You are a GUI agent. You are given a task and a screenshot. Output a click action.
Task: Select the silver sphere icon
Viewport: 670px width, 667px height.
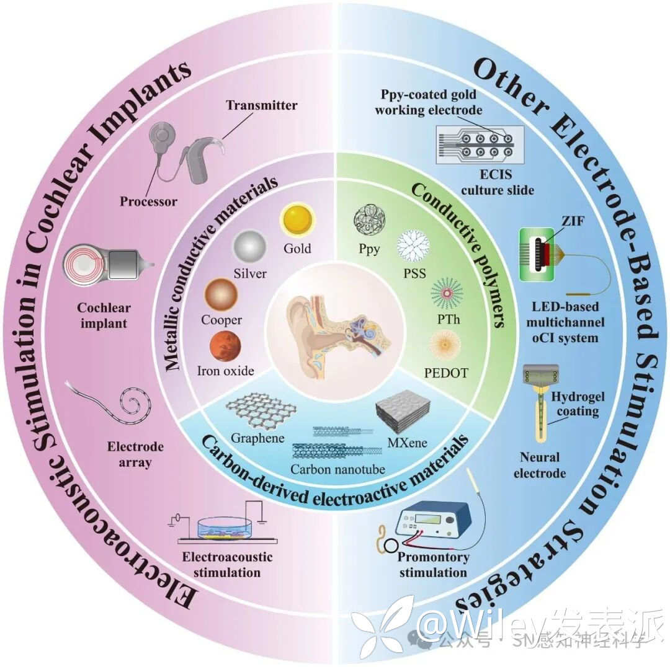pos(249,247)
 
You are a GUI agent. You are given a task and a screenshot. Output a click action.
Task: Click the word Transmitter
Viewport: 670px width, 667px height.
pos(261,105)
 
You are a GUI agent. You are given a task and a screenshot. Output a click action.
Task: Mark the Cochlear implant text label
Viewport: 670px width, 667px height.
pos(102,315)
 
